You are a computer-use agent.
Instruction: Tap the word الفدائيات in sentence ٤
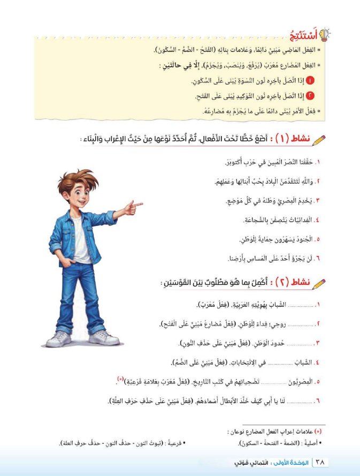click(x=297, y=220)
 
